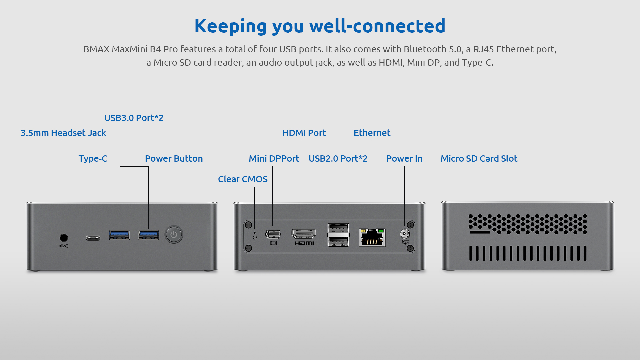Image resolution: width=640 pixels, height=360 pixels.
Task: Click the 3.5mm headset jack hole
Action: tap(64, 238)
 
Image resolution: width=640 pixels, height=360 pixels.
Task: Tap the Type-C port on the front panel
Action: tap(93, 238)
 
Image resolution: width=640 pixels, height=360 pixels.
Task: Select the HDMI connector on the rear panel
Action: tap(304, 234)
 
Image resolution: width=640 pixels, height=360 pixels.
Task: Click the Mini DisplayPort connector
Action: tap(273, 234)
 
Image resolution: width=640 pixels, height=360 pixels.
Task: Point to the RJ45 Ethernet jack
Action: tap(372, 237)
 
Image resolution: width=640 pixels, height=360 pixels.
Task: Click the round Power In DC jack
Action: tap(405, 234)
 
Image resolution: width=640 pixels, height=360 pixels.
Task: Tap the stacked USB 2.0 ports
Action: tap(338, 235)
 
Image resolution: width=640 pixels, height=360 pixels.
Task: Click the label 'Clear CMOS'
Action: tap(243, 179)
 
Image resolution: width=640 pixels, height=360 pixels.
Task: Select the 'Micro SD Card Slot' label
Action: tap(479, 159)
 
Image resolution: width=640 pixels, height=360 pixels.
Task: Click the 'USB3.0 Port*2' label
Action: tap(134, 118)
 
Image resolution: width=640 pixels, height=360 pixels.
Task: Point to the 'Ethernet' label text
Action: tap(372, 133)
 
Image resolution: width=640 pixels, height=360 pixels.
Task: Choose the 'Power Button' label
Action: tap(174, 159)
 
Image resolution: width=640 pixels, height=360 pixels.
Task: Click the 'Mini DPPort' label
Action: tap(274, 159)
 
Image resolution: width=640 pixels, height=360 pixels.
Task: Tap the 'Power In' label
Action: tap(404, 159)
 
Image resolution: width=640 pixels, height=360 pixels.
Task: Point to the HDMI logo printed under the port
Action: tap(304, 243)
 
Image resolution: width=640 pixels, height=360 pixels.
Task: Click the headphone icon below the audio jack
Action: tap(64, 246)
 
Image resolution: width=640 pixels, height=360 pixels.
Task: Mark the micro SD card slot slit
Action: tap(480, 232)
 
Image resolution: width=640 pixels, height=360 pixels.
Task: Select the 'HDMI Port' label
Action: tap(304, 133)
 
